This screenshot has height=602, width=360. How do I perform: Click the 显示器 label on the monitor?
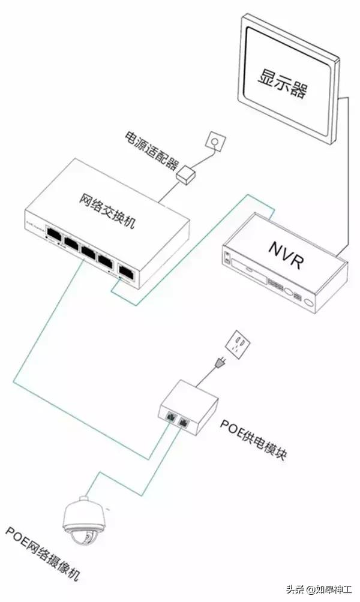pos(283,83)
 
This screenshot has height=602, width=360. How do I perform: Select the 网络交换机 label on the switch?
pos(107,211)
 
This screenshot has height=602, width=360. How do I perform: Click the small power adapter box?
pos(187,175)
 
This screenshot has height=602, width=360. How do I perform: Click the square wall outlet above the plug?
pos(238,345)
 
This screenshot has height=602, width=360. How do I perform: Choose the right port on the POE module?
pos(184,422)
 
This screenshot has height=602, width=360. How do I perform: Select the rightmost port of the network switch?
pos(127,270)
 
